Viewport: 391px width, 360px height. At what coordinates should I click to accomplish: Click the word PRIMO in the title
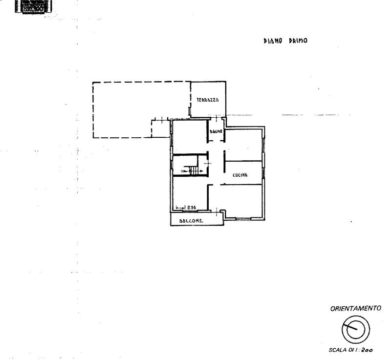click(x=297, y=42)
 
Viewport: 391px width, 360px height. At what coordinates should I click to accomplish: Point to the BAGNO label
click(x=216, y=132)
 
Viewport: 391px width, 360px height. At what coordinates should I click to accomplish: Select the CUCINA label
click(x=239, y=175)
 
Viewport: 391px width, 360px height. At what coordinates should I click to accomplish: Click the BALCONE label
click(x=191, y=221)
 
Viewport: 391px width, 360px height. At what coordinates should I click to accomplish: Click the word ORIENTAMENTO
click(x=355, y=309)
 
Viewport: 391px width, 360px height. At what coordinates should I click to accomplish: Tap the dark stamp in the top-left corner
click(x=32, y=6)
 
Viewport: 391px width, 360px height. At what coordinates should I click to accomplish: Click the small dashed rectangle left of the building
click(x=160, y=129)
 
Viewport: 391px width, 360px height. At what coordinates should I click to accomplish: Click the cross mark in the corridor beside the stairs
click(x=207, y=163)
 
